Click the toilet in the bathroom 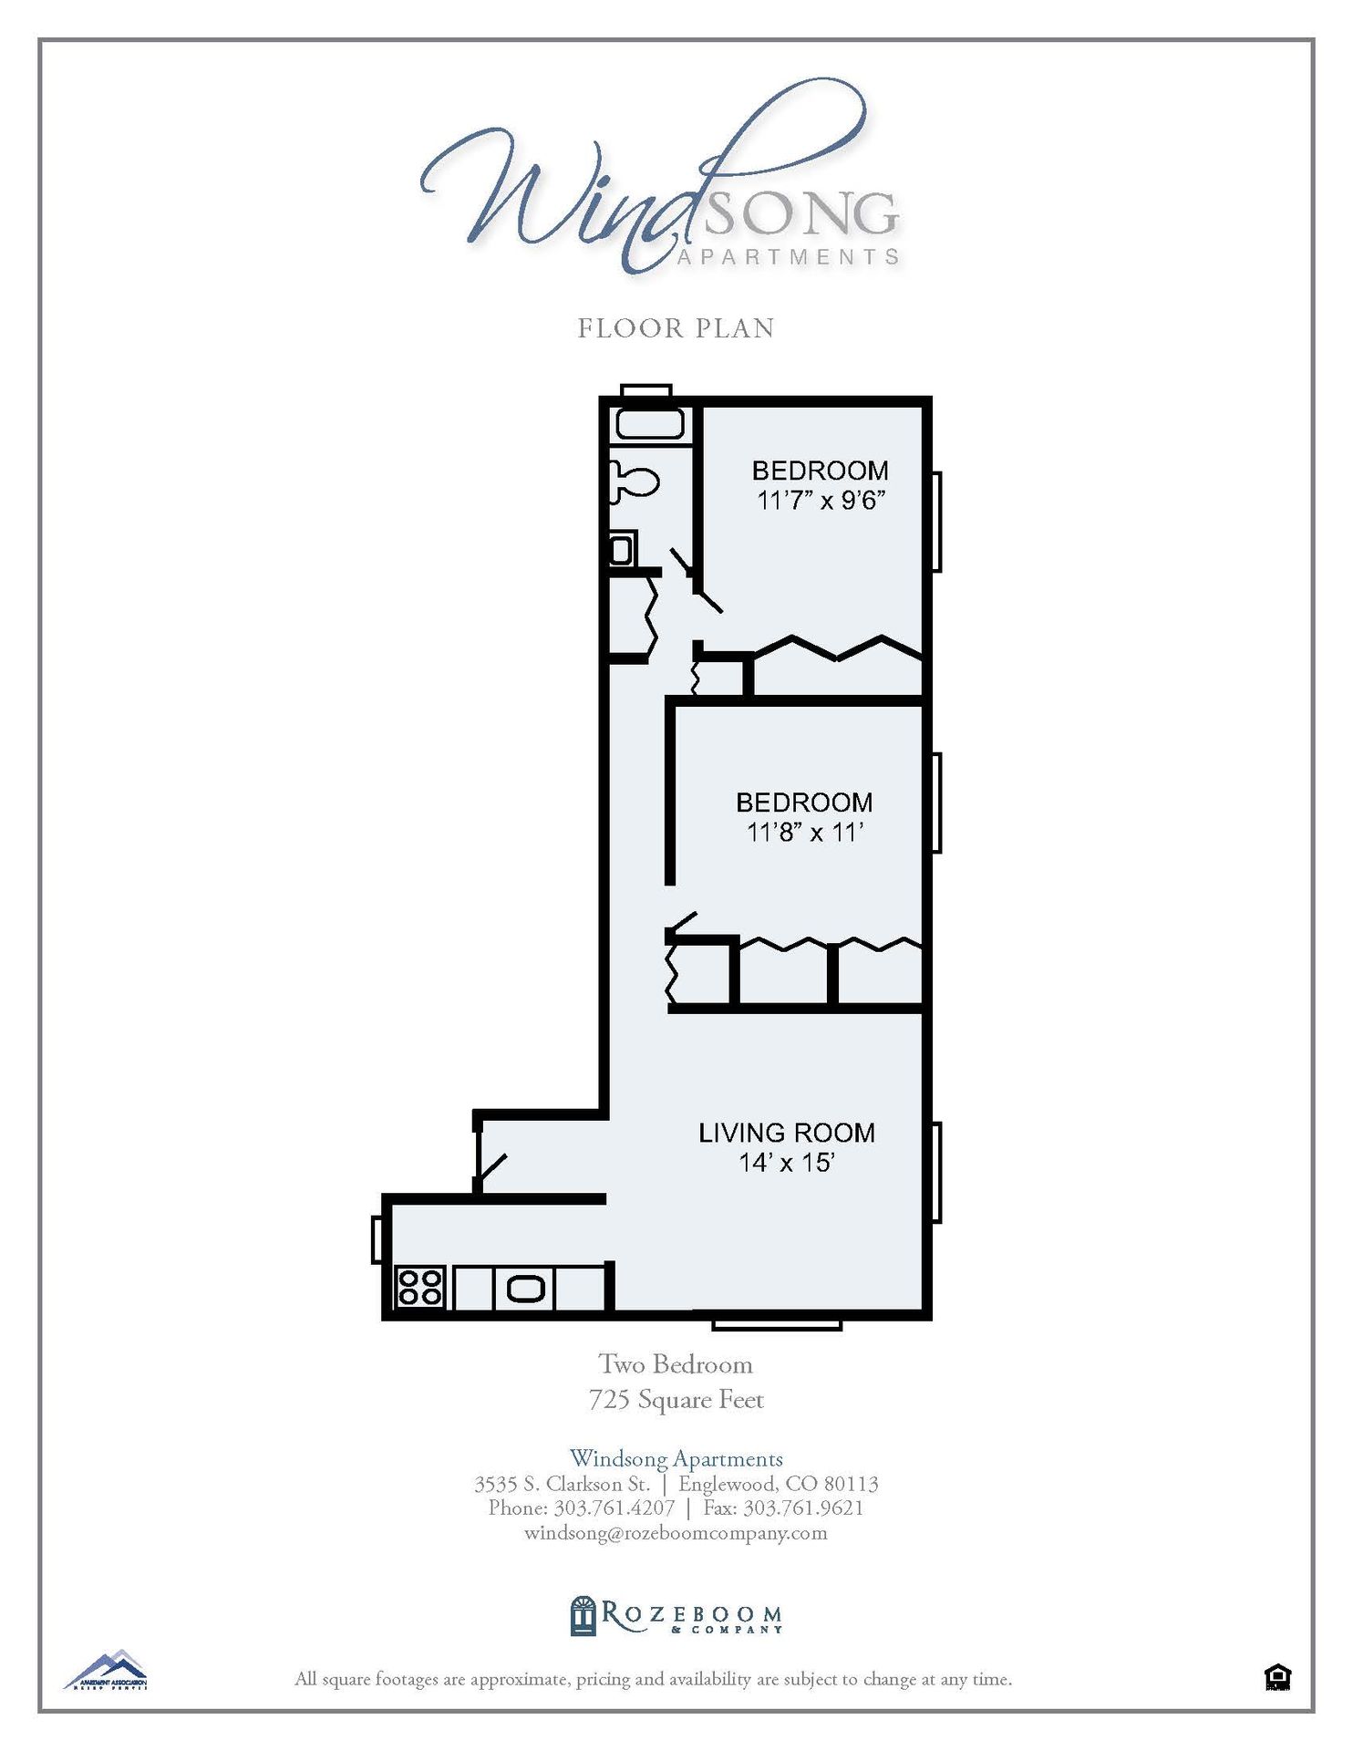(x=634, y=480)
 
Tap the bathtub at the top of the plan (x=649, y=424)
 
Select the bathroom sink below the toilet (x=621, y=550)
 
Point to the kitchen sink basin (x=525, y=1289)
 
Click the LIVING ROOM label (x=786, y=1133)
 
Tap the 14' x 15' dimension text (x=786, y=1163)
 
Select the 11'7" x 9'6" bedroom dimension (x=821, y=501)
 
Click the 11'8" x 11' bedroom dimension (x=804, y=833)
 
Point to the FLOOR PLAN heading (x=676, y=328)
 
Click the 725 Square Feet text (x=676, y=1399)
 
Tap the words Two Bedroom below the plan (x=676, y=1364)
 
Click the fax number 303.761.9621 (x=803, y=1508)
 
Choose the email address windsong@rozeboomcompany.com (x=676, y=1532)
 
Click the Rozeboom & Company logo (x=676, y=1616)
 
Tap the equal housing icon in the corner (x=1277, y=1676)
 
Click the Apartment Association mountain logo (x=106, y=1671)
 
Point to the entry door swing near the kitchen (x=491, y=1170)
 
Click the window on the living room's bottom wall (x=776, y=1324)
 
